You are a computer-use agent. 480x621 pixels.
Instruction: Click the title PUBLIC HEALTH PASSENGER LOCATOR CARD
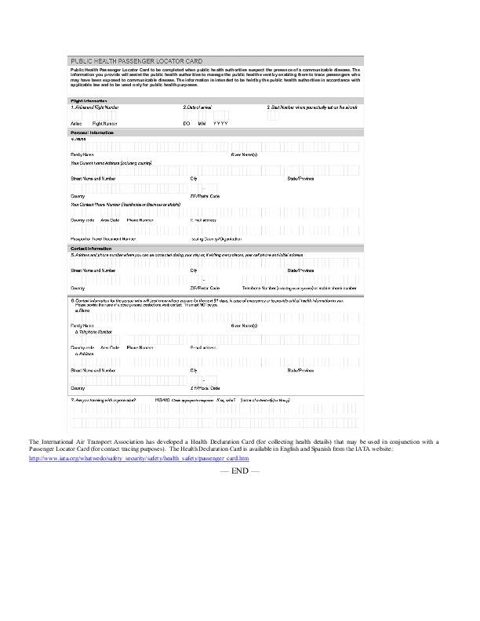137,60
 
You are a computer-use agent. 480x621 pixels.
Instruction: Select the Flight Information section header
89,101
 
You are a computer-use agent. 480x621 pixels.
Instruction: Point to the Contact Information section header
91,249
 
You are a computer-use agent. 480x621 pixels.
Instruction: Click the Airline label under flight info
76,124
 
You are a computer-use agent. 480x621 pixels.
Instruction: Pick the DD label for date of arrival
187,124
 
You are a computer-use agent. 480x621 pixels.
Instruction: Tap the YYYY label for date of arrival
220,124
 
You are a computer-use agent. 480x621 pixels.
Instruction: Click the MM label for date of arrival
202,124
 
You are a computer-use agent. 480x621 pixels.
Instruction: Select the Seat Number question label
312,107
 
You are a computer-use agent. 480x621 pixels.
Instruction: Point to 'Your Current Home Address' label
111,162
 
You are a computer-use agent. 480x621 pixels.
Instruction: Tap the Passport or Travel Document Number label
104,238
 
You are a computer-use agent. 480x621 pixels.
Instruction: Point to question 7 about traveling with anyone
104,400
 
